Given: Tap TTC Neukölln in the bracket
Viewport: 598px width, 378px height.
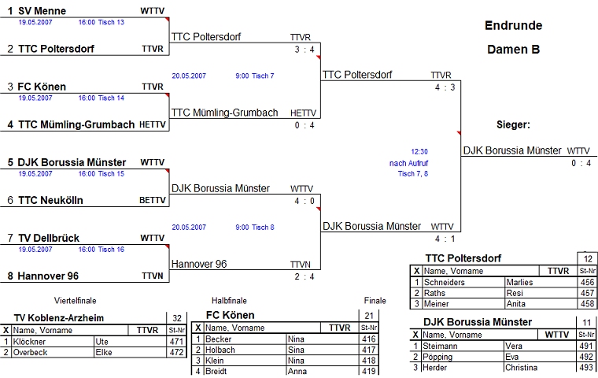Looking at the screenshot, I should coord(50,200).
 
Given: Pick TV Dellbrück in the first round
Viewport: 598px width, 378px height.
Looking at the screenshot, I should coord(49,238).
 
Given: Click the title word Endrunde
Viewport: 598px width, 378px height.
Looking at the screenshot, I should coord(513,25).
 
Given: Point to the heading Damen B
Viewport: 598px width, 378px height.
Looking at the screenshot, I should coord(513,49).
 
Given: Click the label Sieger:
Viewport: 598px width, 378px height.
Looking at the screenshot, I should coord(513,124).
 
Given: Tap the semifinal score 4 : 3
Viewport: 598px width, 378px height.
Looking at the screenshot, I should coord(445,87).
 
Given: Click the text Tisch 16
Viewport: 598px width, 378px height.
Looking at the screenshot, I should coord(111,250).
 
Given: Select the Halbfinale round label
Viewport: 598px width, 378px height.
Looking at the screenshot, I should coord(229,301).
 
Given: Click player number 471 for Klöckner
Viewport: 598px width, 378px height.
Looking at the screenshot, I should coord(177,341).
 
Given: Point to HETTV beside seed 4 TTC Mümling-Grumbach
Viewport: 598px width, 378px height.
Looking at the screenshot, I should coord(153,124).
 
